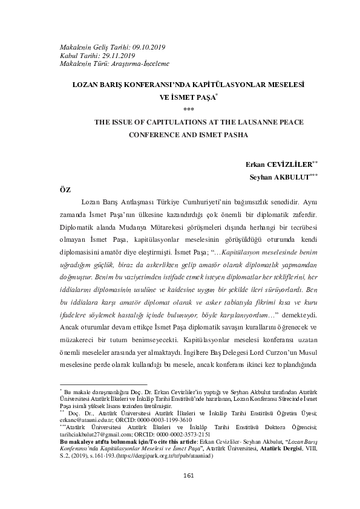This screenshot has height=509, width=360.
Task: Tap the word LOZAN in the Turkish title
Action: coord(87,86)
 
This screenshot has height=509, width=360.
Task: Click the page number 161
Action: coord(188,493)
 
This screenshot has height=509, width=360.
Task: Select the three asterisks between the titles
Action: coord(188,109)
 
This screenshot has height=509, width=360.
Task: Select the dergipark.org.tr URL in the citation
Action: coord(171,456)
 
